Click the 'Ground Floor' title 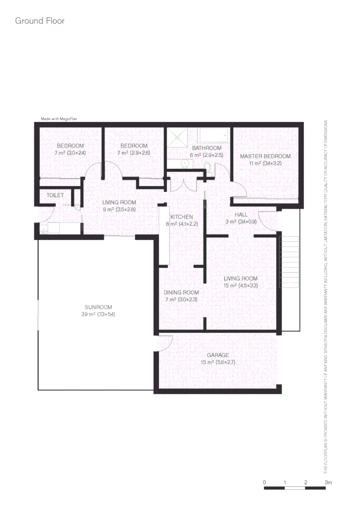(x=40, y=21)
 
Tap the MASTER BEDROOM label (x=265, y=156)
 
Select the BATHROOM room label (x=206, y=148)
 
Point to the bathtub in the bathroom (x=214, y=136)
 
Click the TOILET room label (x=55, y=195)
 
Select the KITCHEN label (x=181, y=217)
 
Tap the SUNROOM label (x=98, y=307)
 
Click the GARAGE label (x=218, y=355)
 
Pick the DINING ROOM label (x=181, y=293)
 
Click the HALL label (x=241, y=215)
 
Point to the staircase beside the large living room (x=290, y=262)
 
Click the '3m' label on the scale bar (x=328, y=482)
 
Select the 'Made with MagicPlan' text (x=59, y=119)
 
